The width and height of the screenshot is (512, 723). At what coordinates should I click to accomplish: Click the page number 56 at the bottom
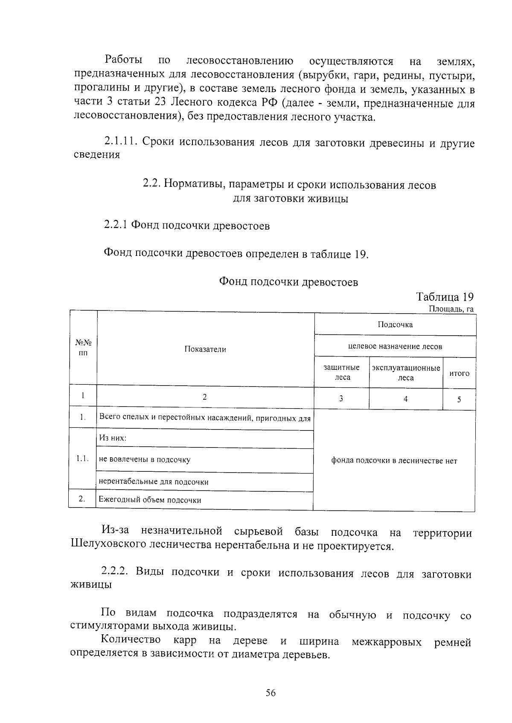click(x=271, y=693)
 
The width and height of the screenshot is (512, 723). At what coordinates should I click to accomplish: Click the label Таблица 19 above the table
click(x=445, y=297)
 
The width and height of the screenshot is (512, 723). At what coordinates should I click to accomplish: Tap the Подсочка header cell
click(x=395, y=325)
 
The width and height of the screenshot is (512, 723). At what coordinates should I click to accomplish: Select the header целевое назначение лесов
click(x=395, y=346)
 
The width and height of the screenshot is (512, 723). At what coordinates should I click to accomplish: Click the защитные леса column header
click(x=342, y=372)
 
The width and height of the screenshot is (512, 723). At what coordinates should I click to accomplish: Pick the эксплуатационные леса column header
click(x=406, y=372)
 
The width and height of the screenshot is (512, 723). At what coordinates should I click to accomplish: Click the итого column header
click(x=460, y=373)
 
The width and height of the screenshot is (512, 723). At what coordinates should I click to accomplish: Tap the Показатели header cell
click(x=205, y=349)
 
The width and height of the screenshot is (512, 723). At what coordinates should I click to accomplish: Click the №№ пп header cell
click(x=83, y=348)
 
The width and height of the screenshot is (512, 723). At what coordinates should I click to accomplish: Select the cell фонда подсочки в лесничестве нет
click(x=394, y=461)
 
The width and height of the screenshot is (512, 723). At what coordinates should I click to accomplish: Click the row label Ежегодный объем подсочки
click(x=150, y=500)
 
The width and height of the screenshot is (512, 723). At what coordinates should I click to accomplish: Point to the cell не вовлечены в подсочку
click(x=145, y=459)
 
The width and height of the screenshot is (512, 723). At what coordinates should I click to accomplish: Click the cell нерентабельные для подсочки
click(x=154, y=482)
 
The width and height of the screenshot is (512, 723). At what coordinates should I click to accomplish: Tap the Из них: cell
click(x=113, y=438)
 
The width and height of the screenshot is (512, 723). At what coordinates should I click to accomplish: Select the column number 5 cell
click(x=459, y=400)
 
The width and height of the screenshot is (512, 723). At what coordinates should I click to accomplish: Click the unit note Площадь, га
click(x=451, y=309)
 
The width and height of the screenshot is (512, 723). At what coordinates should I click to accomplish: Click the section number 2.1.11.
click(x=120, y=142)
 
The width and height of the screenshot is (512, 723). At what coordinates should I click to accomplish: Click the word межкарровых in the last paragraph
click(x=387, y=641)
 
